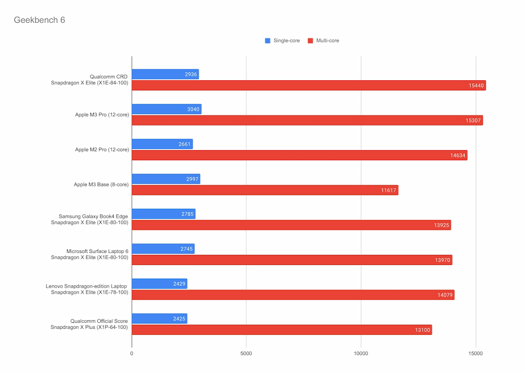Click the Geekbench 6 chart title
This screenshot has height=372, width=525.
pos(39,20)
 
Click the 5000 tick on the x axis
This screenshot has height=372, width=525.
pos(246,354)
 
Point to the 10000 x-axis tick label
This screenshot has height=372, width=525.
pos(361,354)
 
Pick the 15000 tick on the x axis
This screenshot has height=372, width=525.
pos(475,354)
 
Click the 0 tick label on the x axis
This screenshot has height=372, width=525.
pos(131,354)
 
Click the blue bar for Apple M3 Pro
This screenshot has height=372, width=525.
pos(166,109)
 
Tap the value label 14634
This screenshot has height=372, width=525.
pos(458,155)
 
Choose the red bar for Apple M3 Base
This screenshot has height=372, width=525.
pos(264,190)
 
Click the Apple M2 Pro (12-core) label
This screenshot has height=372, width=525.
pos(102,149)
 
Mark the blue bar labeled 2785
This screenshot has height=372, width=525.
pos(163,214)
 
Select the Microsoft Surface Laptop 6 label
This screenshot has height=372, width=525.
pos(97,251)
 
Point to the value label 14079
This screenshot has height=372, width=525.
pos(445,295)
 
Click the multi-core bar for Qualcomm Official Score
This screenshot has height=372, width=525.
pos(281,330)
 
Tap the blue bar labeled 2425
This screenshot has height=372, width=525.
pos(159,318)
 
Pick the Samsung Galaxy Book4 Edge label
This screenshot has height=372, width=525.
pos(93,216)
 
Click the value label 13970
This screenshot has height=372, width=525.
pos(443,260)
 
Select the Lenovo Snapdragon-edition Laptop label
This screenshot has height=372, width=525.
pos(87,286)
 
